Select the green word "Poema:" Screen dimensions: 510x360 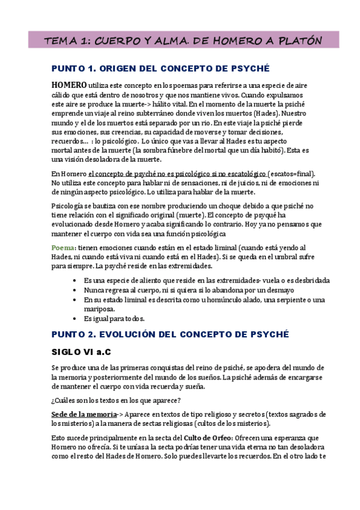click(x=64, y=247)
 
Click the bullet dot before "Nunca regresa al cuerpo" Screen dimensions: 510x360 click(x=73, y=289)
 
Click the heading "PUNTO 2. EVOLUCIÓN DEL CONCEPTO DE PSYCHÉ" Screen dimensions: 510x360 click(x=170, y=334)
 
